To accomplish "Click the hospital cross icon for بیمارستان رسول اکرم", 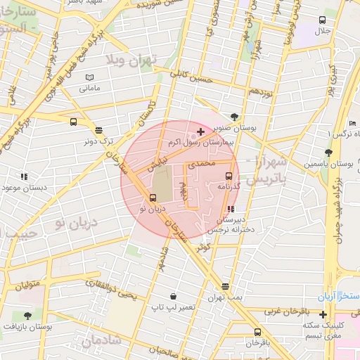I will tap(200, 131).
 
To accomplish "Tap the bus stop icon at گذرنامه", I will tap(229, 176).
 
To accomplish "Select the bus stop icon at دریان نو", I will tap(153, 198).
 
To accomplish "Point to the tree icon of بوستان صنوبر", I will tap(234, 117).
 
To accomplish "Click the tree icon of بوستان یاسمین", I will tap(328, 153).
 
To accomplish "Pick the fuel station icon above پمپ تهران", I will tap(225, 286).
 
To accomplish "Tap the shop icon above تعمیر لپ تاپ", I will tap(173, 296).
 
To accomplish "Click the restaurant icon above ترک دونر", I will tap(98, 129).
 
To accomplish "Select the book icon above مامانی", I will tap(89, 77).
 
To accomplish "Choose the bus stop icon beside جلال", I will tap(322, 20).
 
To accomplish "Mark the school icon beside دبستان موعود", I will tap(23, 176).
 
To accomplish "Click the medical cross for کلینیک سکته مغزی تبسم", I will tap(323, 314).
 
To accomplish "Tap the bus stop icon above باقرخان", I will tap(257, 332).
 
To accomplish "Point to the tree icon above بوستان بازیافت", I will tap(27, 316).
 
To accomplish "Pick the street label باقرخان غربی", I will tap(285, 310).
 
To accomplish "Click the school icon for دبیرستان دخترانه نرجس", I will tap(231, 208).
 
